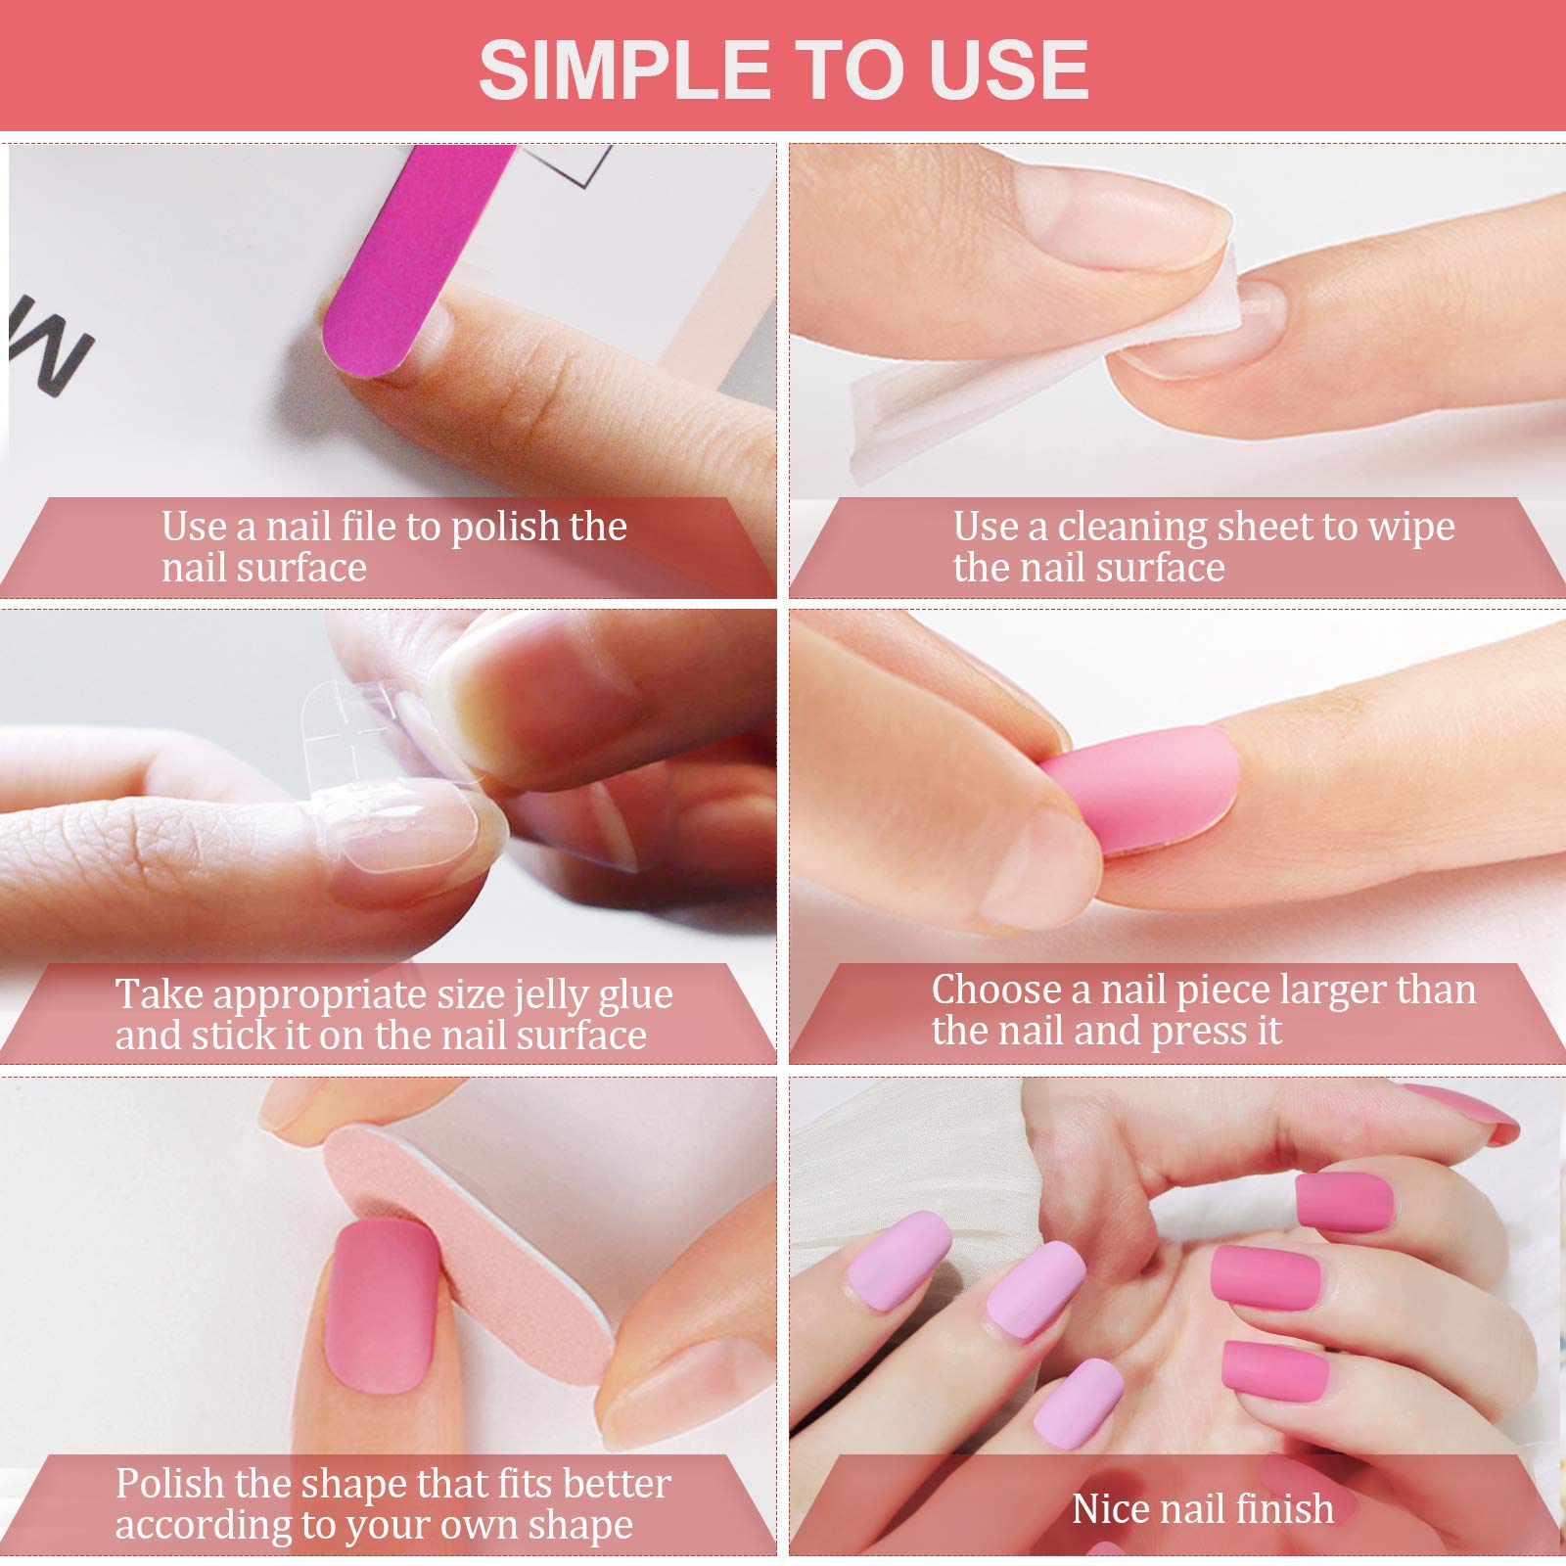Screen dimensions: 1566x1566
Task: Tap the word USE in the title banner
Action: pos(1009,69)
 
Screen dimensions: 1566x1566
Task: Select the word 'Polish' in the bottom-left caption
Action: pos(169,1484)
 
